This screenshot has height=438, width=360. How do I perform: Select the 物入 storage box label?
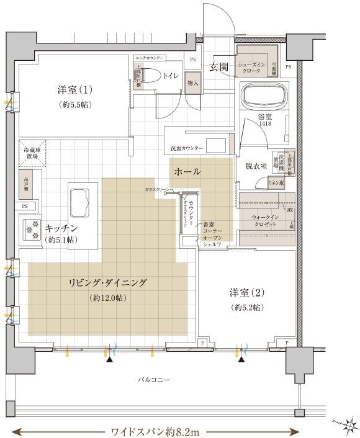192,83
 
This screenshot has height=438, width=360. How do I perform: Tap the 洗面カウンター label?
185,149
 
